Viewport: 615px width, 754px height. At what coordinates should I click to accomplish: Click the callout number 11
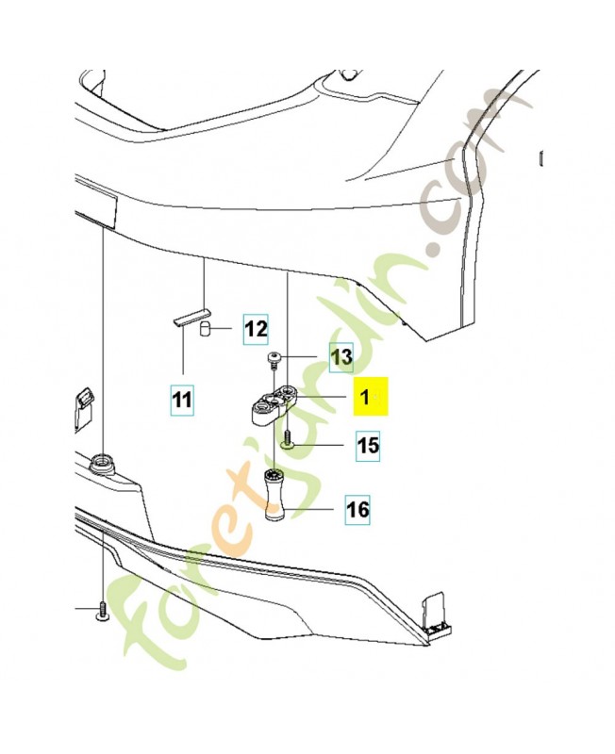click(182, 401)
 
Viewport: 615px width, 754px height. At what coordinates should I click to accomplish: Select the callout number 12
click(255, 329)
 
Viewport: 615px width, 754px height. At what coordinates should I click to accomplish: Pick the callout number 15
click(366, 445)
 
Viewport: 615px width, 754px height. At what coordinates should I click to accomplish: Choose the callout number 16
click(357, 511)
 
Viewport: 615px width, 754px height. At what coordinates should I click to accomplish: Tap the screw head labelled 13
click(274, 357)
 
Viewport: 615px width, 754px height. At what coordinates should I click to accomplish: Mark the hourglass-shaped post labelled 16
click(274, 495)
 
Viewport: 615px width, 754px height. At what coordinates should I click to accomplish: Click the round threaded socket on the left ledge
click(99, 463)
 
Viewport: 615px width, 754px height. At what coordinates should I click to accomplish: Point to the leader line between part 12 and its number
click(224, 329)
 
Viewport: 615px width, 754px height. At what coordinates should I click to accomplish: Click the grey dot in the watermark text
click(435, 249)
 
